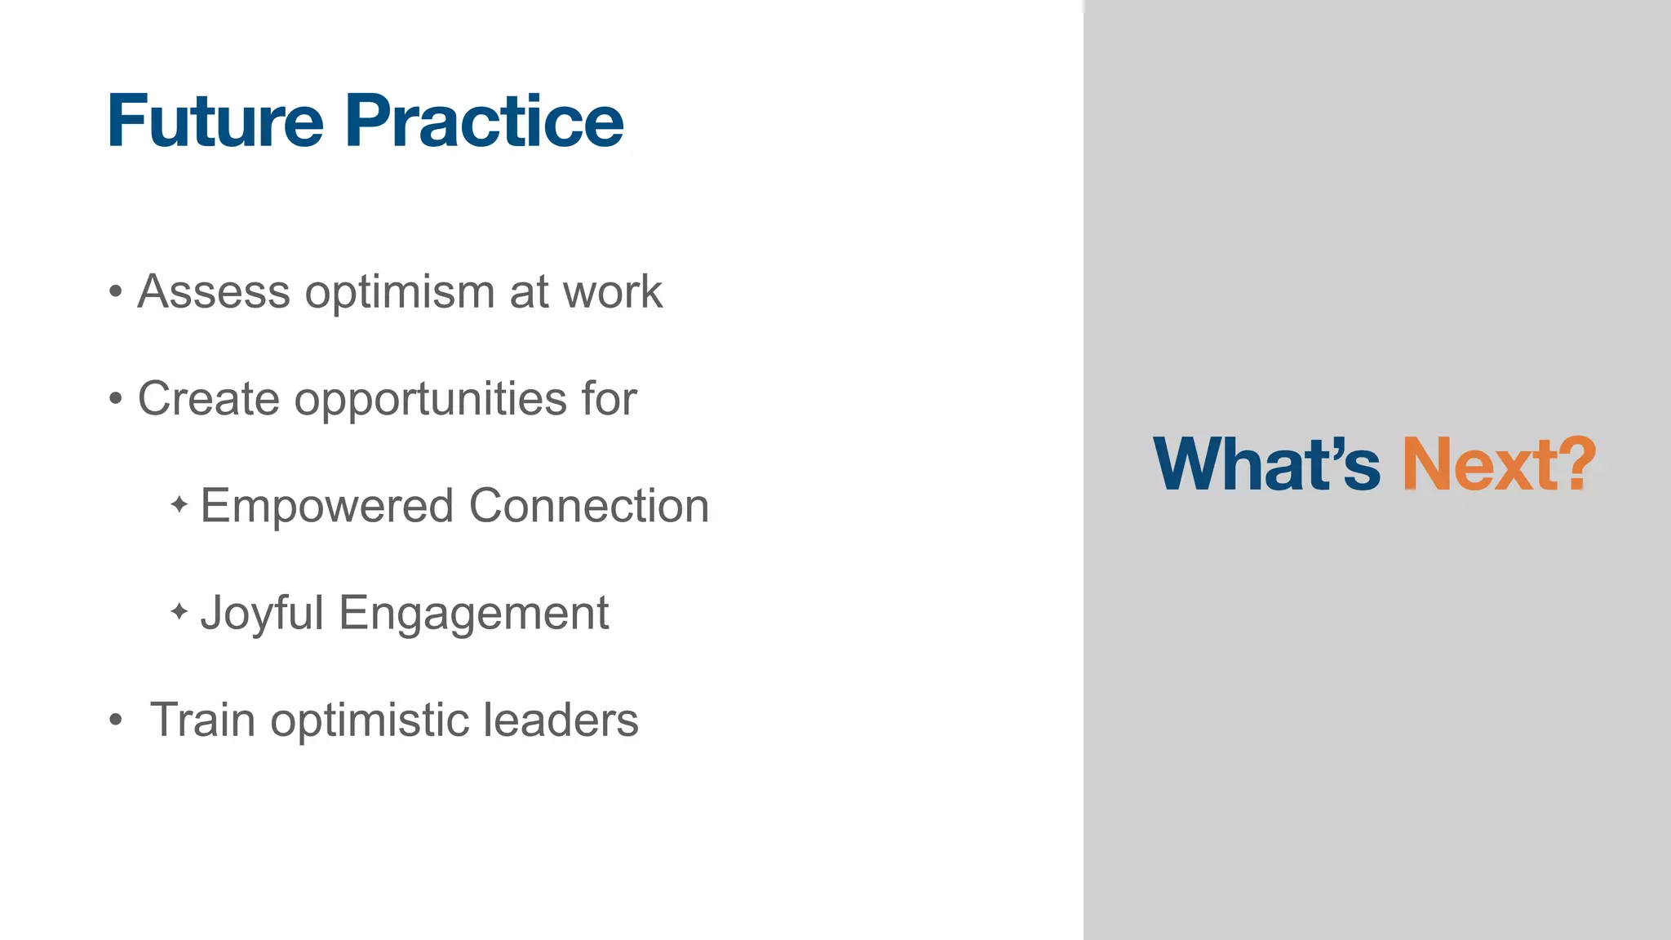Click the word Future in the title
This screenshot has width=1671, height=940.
click(x=215, y=121)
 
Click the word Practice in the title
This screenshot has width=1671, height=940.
click(x=484, y=121)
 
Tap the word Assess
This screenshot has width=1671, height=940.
click(x=214, y=291)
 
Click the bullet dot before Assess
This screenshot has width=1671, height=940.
click(x=116, y=292)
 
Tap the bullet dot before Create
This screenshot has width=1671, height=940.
click(x=116, y=399)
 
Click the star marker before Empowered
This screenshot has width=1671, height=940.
click(x=180, y=504)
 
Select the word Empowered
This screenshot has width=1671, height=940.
click(x=326, y=507)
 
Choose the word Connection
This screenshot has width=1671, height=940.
click(x=588, y=505)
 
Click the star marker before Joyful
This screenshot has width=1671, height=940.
click(x=180, y=611)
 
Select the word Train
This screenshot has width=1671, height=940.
click(x=202, y=720)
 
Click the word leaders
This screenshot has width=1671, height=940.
click(x=561, y=720)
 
